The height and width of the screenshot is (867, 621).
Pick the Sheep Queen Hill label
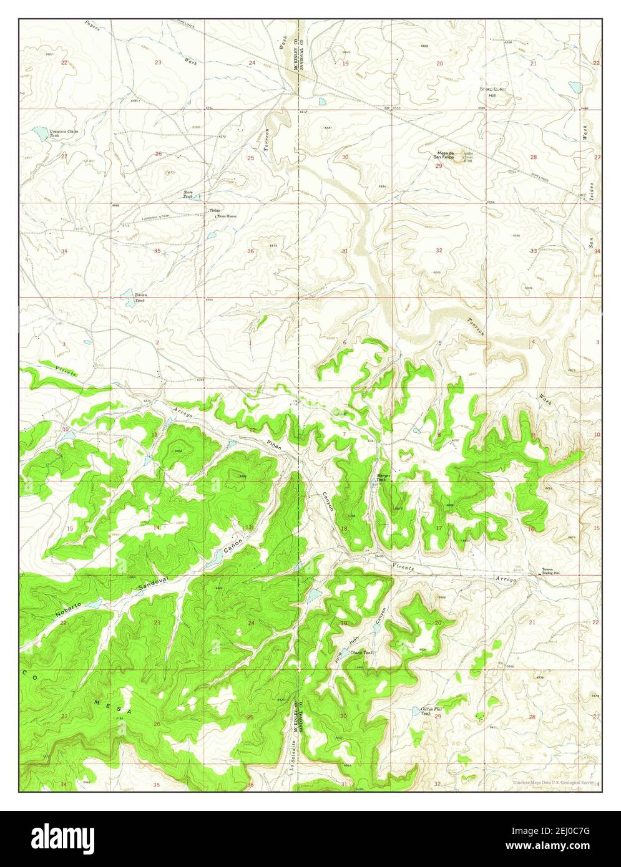tap(492, 92)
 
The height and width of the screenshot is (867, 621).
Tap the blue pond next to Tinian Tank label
tap(127, 293)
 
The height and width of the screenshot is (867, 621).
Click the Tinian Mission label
tap(226, 216)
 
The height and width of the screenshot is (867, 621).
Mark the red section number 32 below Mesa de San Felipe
tap(439, 250)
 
